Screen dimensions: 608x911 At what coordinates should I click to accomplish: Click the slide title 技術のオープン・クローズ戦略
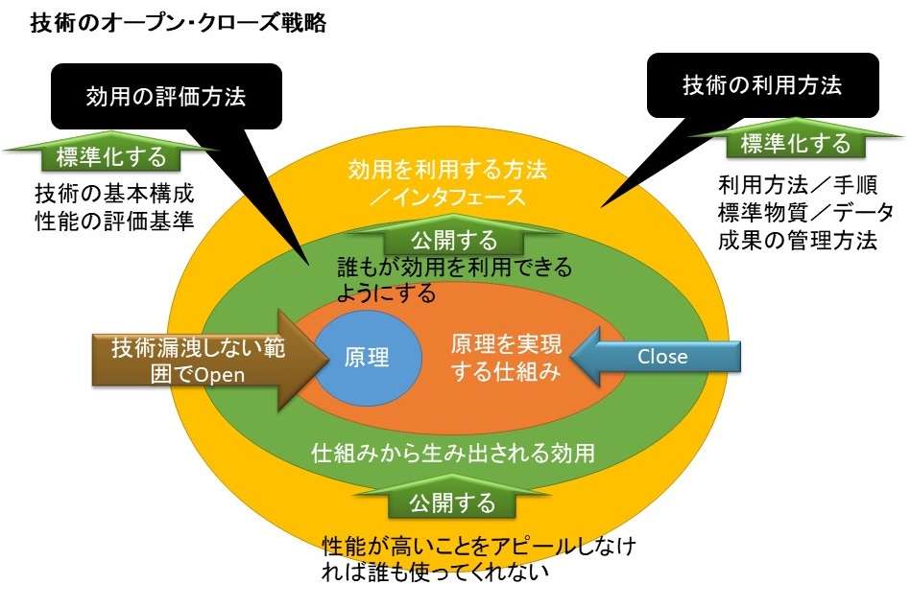click(x=180, y=24)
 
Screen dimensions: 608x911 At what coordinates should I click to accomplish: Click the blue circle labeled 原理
click(x=366, y=358)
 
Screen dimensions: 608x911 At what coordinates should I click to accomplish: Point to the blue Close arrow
click(x=662, y=357)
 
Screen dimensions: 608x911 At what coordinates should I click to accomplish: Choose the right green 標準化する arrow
click(x=795, y=144)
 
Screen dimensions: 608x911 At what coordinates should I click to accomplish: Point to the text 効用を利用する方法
click(x=447, y=171)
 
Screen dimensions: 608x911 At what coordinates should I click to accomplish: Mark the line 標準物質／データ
click(x=805, y=211)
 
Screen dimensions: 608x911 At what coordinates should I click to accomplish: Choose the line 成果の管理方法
click(x=797, y=239)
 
